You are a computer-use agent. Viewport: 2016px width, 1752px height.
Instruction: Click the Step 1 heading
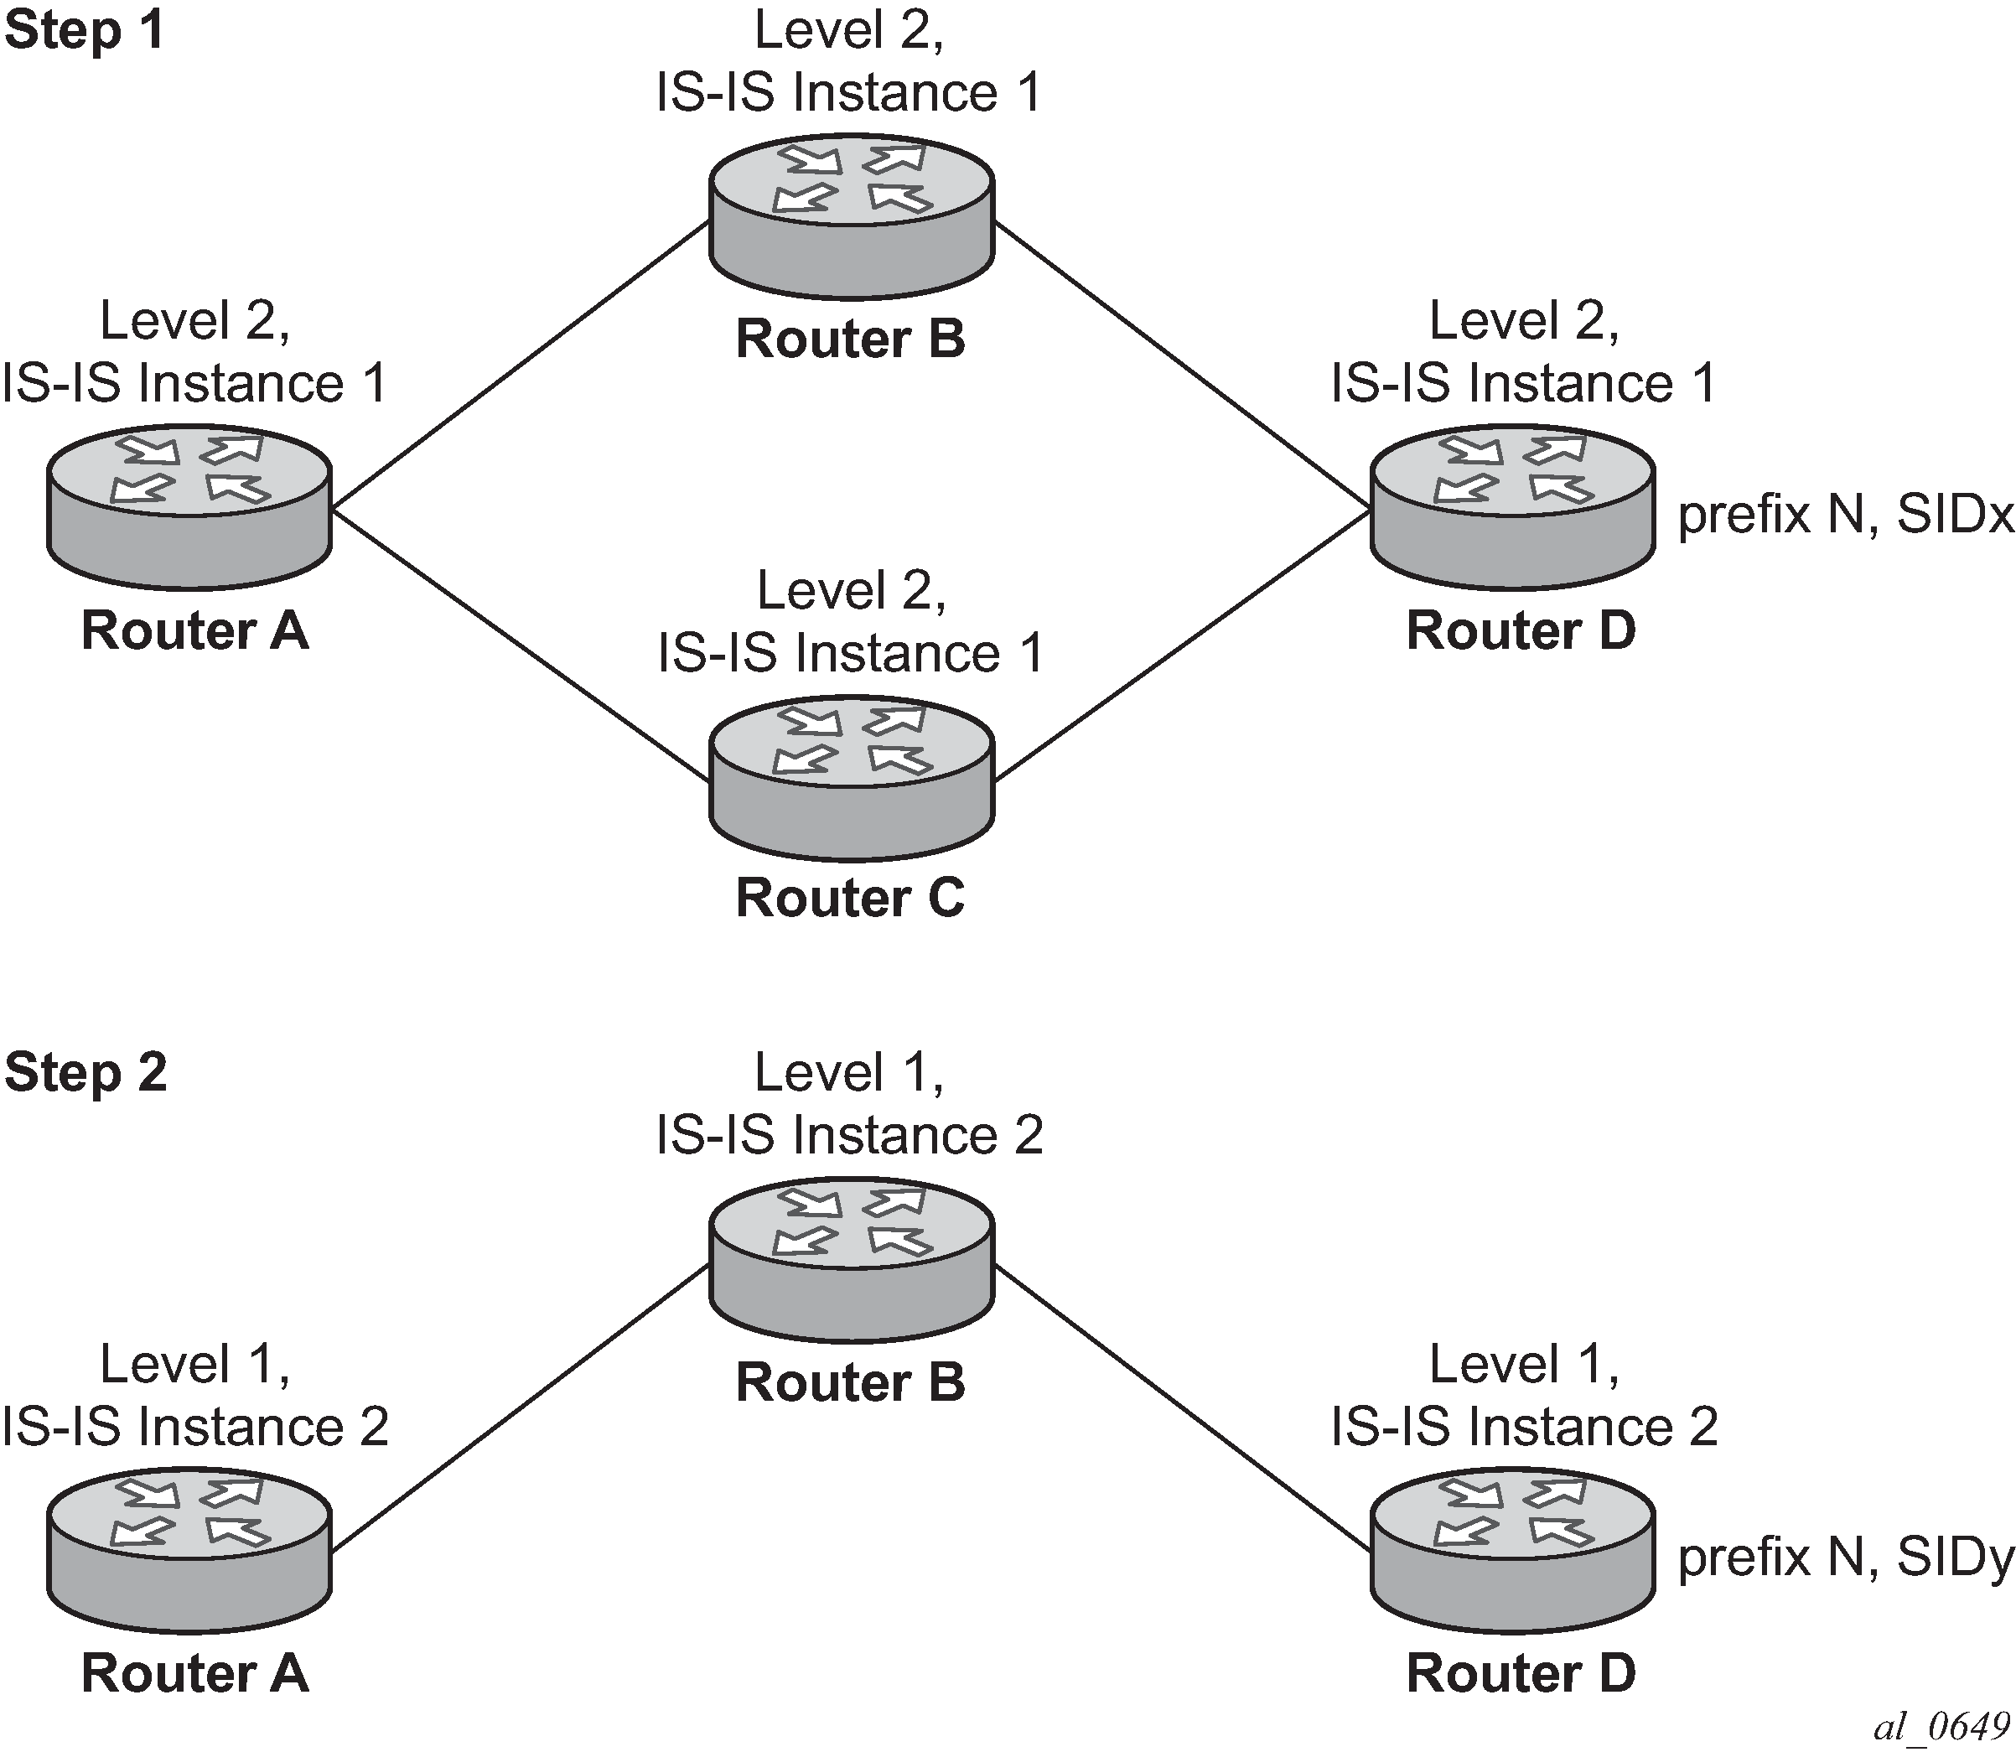tap(84, 30)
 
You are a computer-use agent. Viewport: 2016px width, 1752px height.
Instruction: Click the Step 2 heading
tap(86, 1072)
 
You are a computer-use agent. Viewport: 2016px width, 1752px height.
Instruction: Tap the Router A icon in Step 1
tap(189, 507)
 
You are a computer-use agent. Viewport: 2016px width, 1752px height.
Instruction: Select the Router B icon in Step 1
tap(851, 217)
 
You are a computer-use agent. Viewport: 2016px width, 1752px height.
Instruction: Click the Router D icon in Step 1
tap(1512, 507)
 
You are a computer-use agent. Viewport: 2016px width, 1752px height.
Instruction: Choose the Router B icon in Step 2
tap(851, 1260)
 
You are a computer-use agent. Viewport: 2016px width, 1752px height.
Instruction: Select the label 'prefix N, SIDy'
tap(1845, 1558)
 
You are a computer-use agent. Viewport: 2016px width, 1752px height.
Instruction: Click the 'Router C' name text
tap(850, 898)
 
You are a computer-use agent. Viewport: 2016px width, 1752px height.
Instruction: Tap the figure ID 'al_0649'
tap(1941, 1728)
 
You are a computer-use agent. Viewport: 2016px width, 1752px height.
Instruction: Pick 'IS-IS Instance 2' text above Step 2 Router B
tap(848, 1135)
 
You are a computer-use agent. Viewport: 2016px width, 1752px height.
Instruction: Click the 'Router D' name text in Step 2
tap(1521, 1673)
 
